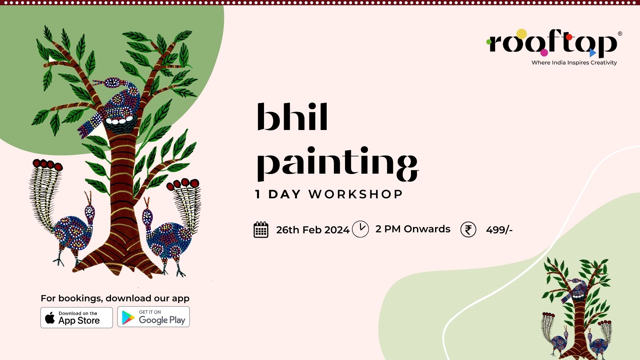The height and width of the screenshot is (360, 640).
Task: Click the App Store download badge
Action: tap(77, 317)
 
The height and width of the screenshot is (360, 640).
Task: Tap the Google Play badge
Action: tap(153, 317)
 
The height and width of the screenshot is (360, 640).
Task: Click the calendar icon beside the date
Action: tap(261, 230)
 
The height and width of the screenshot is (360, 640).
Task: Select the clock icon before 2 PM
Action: tap(360, 229)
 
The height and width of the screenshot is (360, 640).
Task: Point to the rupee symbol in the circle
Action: tap(468, 230)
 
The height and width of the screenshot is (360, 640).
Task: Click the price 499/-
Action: tap(499, 230)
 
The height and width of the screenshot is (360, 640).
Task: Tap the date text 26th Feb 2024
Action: tap(313, 230)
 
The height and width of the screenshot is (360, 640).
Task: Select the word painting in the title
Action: tap(337, 164)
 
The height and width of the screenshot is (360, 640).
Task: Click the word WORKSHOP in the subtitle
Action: tap(356, 194)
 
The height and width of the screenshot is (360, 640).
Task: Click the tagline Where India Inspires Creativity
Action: tap(574, 63)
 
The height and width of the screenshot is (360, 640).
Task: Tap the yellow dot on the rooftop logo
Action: tap(521, 34)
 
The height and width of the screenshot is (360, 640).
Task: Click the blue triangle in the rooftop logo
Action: tap(592, 53)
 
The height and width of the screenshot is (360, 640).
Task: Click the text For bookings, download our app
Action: tap(115, 298)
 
